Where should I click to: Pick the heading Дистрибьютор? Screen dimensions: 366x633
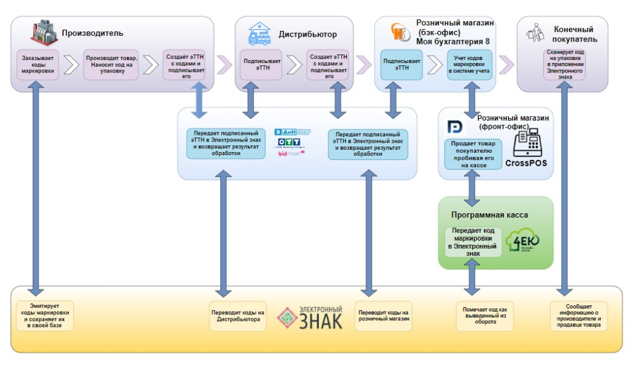click(x=307, y=35)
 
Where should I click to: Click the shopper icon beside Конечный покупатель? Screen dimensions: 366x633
click(x=535, y=33)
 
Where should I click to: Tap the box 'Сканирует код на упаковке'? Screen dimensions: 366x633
click(x=564, y=64)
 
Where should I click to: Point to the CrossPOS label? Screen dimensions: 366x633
click(x=526, y=164)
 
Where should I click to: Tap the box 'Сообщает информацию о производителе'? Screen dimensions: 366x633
click(x=579, y=316)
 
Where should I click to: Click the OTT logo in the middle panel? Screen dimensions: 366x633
click(x=289, y=142)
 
